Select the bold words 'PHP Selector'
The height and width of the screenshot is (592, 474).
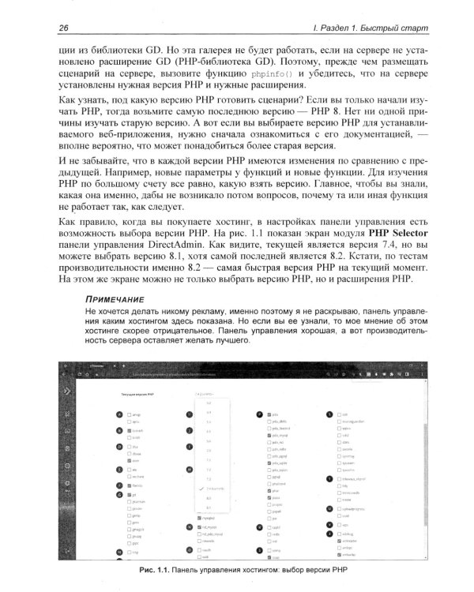click(x=386, y=234)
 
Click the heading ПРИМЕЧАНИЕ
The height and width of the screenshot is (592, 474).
click(x=114, y=301)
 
